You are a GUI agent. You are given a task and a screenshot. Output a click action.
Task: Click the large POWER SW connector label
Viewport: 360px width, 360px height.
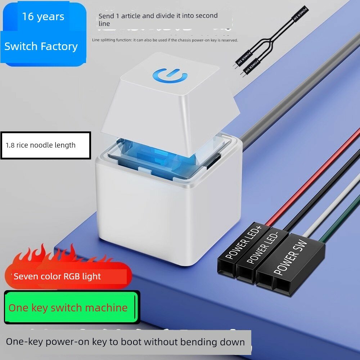tap(290, 257)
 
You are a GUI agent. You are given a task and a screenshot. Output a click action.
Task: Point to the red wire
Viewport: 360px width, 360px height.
tap(312, 177)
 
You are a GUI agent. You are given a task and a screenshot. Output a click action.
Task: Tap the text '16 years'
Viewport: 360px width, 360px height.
tap(43, 17)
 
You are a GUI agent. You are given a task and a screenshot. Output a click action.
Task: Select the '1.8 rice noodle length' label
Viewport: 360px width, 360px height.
tap(41, 145)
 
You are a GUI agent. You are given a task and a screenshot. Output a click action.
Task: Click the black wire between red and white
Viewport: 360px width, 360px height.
tap(321, 190)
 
